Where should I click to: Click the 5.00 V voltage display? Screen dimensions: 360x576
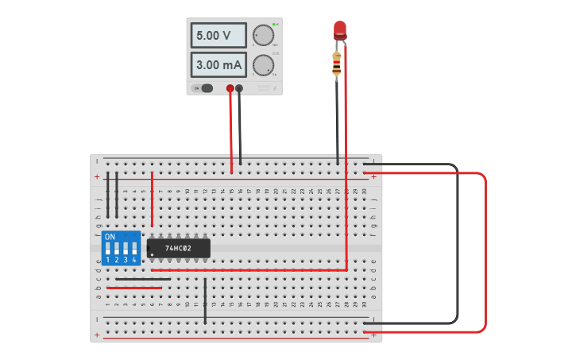click(x=218, y=36)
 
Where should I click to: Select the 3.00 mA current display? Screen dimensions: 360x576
click(x=218, y=64)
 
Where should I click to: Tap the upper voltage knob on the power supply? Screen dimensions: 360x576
click(x=263, y=35)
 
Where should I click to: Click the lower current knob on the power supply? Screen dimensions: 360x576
click(x=263, y=64)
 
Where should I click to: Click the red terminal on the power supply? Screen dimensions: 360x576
click(x=230, y=88)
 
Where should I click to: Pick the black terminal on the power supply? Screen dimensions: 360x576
click(x=239, y=88)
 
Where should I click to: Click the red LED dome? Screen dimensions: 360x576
click(x=340, y=30)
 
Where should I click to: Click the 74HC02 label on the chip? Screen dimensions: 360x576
click(x=179, y=249)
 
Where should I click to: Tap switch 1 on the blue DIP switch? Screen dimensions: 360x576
click(x=108, y=249)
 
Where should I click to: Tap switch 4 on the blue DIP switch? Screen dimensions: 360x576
click(x=134, y=249)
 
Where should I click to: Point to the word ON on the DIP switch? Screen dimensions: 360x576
click(x=110, y=237)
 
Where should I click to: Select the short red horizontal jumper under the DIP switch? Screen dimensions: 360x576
click(x=134, y=288)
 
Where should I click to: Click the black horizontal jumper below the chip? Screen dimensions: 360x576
click(x=143, y=279)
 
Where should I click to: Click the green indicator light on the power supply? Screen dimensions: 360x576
click(x=274, y=24)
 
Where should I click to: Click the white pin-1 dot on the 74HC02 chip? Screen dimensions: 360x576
click(x=153, y=255)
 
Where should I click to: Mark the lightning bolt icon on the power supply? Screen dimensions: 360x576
click(x=275, y=88)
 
